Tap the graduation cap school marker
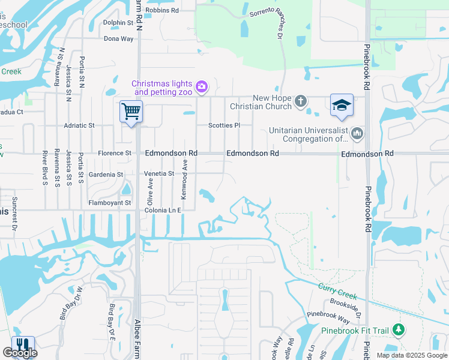pyautogui.click(x=342, y=105)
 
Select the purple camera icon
pyautogui.click(x=202, y=88)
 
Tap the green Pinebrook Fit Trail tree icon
pyautogui.click(x=398, y=329)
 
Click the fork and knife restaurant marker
pyautogui.click(x=23, y=345)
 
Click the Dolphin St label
pyautogui.click(x=118, y=23)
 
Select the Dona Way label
pyautogui.click(x=119, y=38)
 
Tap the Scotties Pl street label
pyautogui.click(x=224, y=125)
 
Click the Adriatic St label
pyautogui.click(x=79, y=125)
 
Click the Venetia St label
pyautogui.click(x=159, y=173)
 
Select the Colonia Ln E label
pyautogui.click(x=162, y=210)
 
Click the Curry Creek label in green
pyautogui.click(x=338, y=292)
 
